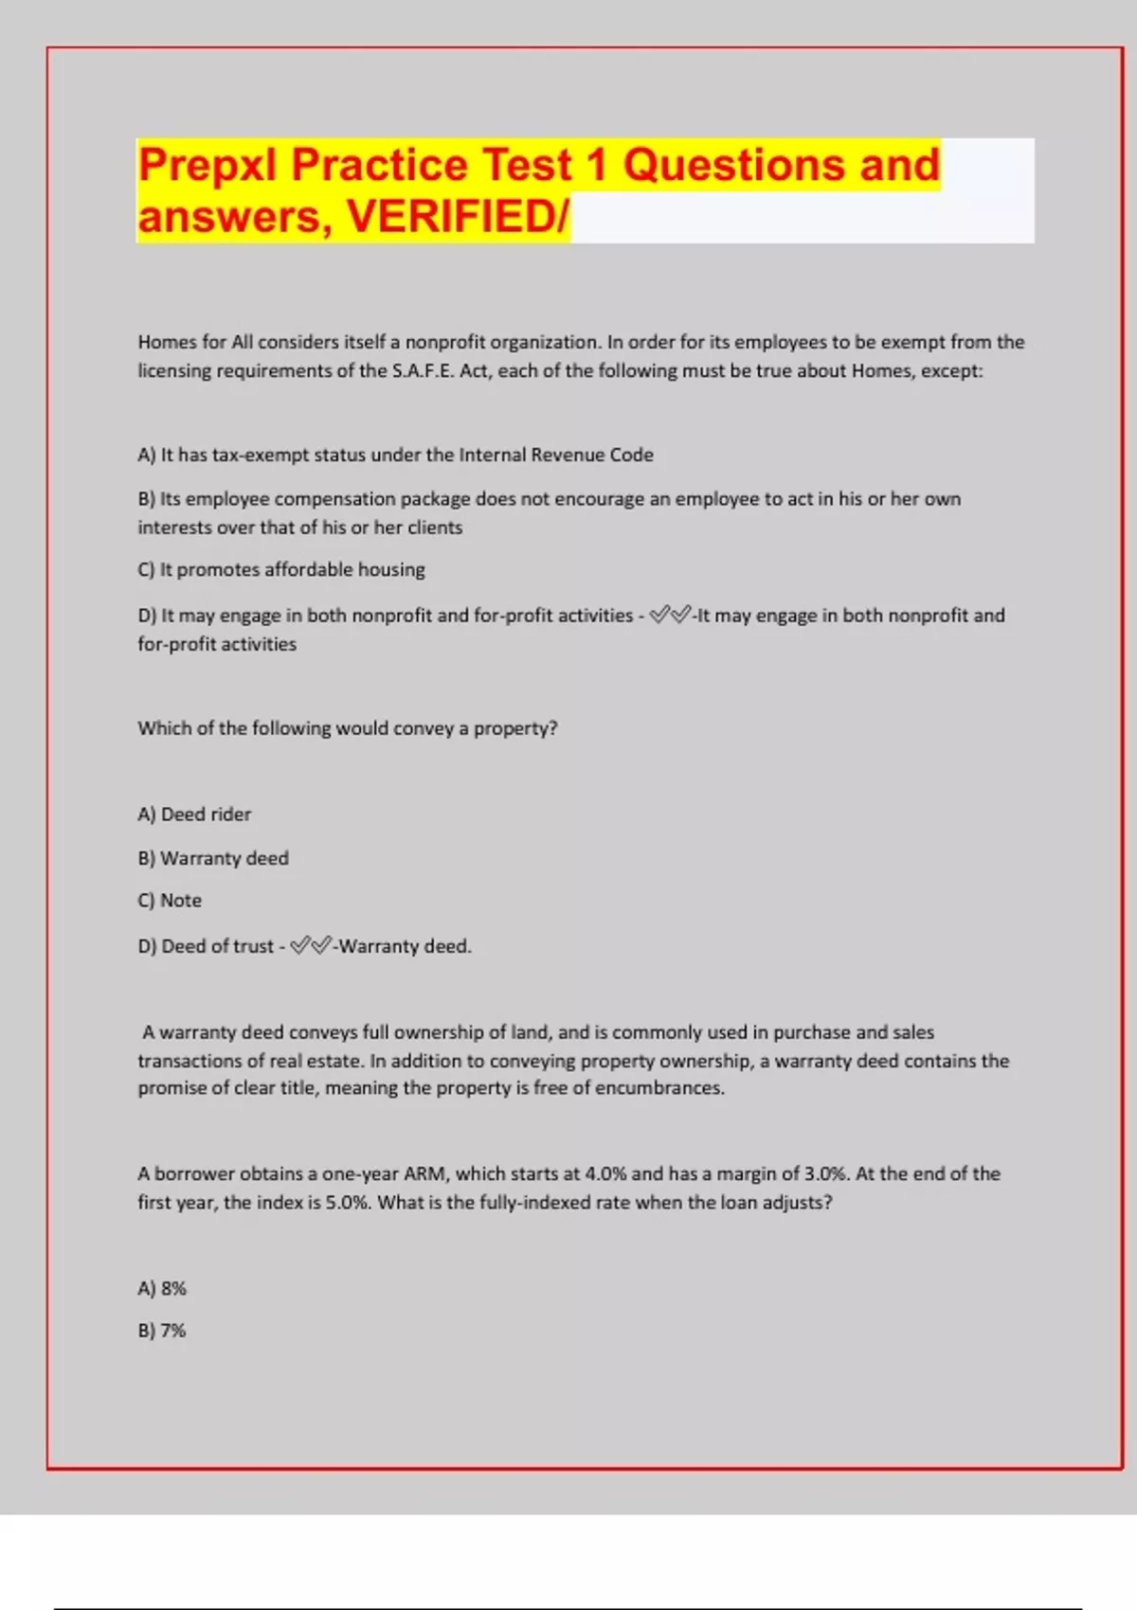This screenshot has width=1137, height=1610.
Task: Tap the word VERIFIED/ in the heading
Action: click(458, 216)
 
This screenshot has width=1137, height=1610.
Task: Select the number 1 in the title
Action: click(596, 165)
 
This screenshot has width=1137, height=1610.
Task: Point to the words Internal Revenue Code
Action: click(556, 455)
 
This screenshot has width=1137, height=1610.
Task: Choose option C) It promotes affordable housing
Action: click(281, 569)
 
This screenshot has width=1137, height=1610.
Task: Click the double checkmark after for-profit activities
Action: click(671, 616)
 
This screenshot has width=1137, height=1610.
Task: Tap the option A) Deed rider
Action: click(194, 814)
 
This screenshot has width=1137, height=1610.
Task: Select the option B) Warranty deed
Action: click(213, 858)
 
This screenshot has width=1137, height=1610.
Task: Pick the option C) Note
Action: click(170, 901)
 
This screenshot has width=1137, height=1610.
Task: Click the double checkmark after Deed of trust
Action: click(311, 945)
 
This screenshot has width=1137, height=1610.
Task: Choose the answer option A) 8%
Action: click(162, 1288)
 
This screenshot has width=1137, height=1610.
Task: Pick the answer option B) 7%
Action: click(162, 1331)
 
